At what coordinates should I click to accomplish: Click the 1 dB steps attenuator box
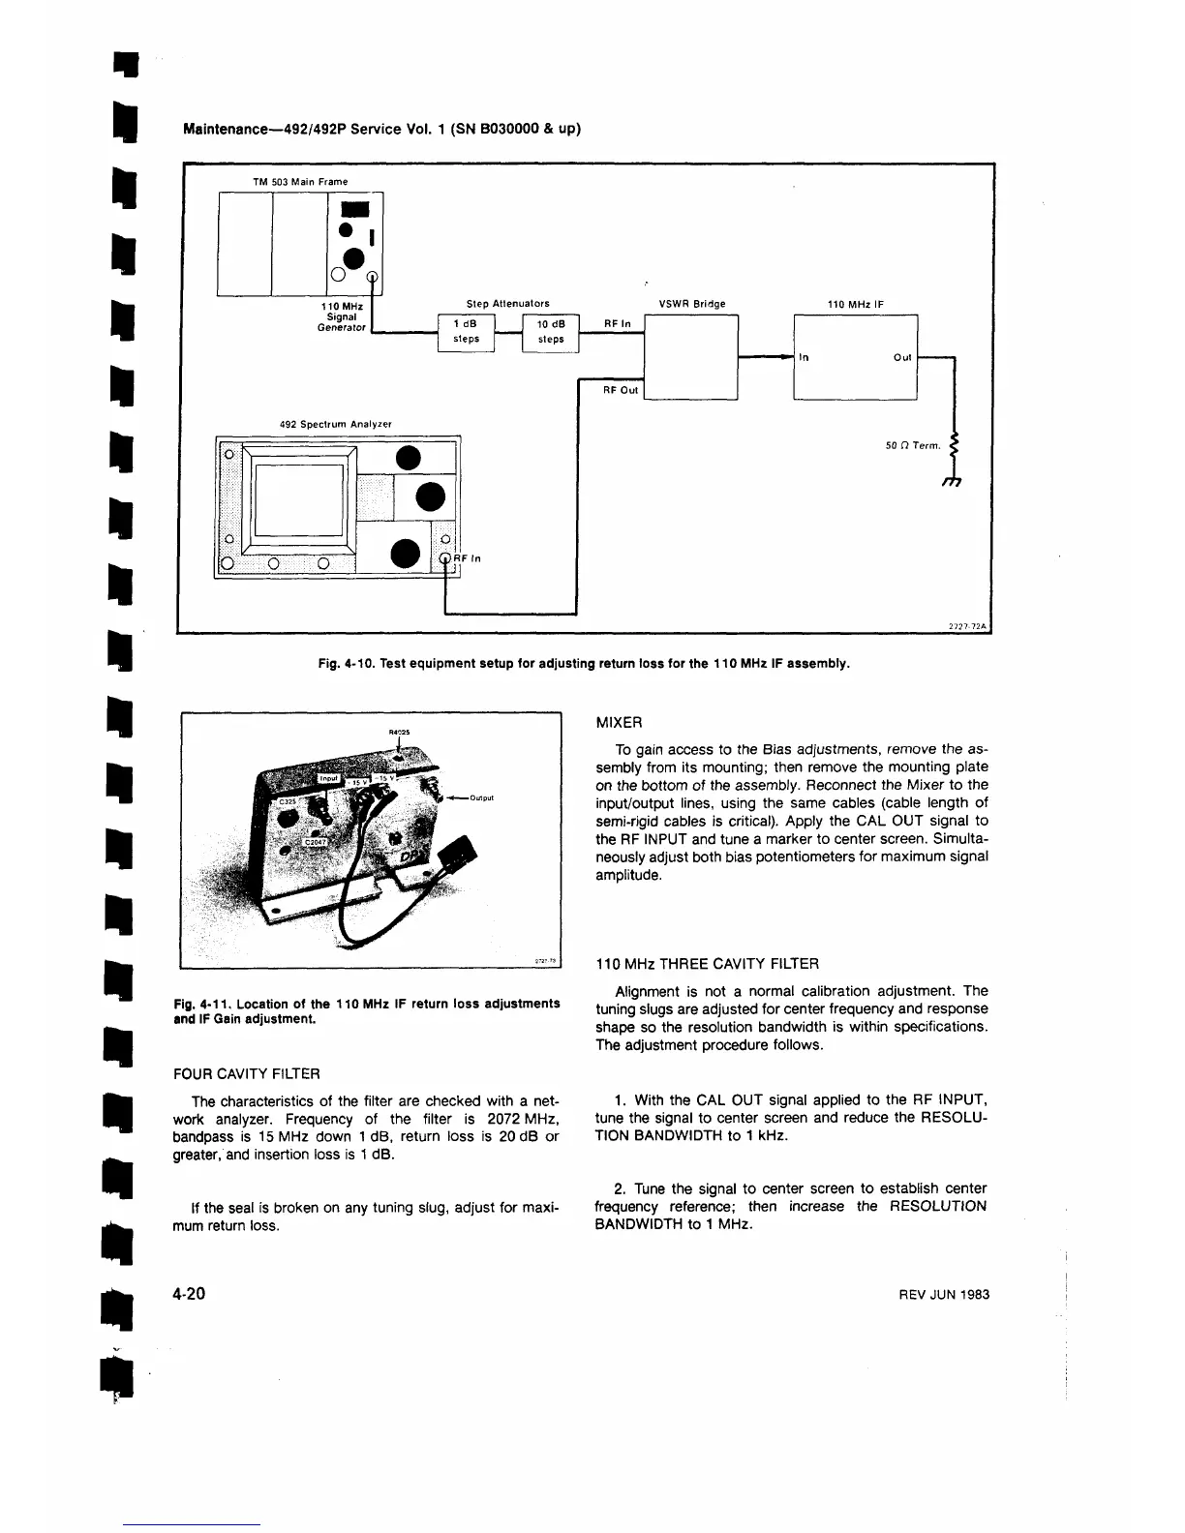click(x=466, y=332)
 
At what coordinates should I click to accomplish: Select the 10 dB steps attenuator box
click(x=550, y=332)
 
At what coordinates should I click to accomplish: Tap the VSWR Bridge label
click(x=691, y=304)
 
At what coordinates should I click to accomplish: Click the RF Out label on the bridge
click(x=621, y=390)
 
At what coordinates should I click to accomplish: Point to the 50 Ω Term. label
click(x=913, y=446)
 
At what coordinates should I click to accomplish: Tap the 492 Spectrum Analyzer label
click(x=334, y=424)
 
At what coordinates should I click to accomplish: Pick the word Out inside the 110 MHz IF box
click(x=902, y=357)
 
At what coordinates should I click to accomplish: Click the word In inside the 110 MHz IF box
click(x=805, y=357)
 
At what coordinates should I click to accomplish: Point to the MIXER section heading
click(x=619, y=723)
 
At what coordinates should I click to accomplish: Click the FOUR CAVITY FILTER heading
click(x=246, y=1073)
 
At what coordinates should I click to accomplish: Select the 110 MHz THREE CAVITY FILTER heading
click(x=708, y=964)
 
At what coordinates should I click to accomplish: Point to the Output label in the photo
click(x=481, y=798)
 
